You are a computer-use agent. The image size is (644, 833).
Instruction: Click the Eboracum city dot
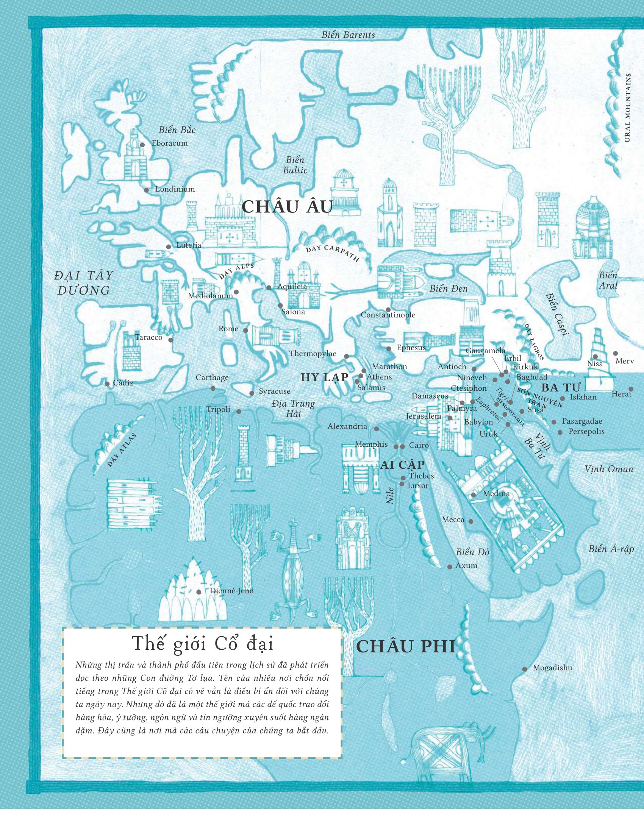[x=142, y=145]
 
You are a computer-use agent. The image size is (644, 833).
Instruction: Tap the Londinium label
[x=175, y=189]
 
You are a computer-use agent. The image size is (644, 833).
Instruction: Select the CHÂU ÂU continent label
[x=288, y=207]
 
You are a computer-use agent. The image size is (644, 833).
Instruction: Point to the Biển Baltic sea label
[x=295, y=165]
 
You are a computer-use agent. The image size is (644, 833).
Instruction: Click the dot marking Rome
[x=245, y=331]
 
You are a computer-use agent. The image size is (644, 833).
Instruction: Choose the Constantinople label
[x=388, y=315]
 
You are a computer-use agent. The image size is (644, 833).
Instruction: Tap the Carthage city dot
[x=213, y=388]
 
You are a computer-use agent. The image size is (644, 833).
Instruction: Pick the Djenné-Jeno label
[x=231, y=591]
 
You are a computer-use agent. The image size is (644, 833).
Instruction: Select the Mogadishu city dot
[x=525, y=669]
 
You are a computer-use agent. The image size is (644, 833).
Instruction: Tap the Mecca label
[x=453, y=520]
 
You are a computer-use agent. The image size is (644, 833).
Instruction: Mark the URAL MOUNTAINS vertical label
[x=628, y=108]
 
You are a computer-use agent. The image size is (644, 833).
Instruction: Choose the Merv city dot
[x=615, y=354]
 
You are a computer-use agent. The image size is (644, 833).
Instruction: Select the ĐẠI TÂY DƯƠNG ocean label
[x=84, y=283]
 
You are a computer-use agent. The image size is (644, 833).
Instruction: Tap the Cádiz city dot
[x=107, y=384]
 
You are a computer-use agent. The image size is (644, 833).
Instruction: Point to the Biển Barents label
[x=348, y=35]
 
